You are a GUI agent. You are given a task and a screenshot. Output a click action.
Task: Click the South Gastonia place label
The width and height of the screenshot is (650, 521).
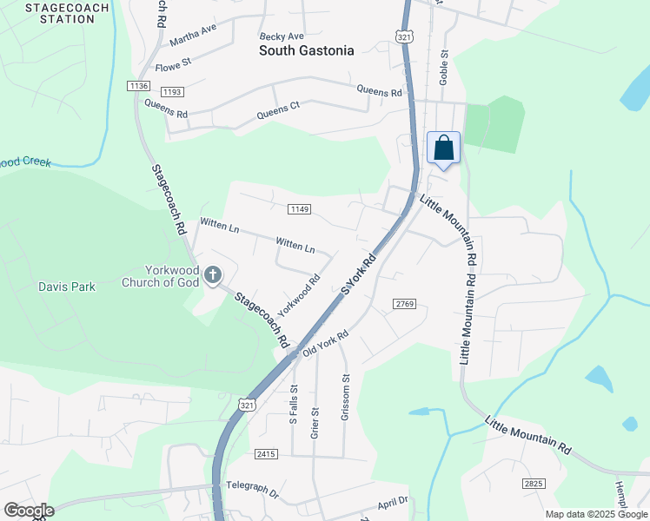(x=307, y=50)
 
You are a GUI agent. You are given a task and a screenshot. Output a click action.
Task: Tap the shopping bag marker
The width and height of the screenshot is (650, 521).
(x=443, y=148)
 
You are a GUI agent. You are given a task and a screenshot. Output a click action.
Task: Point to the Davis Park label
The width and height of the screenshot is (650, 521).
(x=66, y=286)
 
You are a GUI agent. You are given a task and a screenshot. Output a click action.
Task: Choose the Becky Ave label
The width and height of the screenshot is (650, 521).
(x=282, y=36)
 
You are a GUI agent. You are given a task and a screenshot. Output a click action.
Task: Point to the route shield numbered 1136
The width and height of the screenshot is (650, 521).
(x=138, y=85)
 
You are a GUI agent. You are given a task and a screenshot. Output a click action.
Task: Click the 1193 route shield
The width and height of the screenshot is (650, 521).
(x=171, y=91)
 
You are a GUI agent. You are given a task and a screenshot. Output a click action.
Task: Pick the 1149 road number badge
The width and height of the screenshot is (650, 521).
(x=300, y=208)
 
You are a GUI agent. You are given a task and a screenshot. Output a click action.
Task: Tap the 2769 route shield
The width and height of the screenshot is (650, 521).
(x=405, y=303)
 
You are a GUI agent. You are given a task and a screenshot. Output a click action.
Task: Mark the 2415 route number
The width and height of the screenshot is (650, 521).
(x=266, y=454)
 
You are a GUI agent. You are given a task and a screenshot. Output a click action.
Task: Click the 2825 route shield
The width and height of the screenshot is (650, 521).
(x=534, y=482)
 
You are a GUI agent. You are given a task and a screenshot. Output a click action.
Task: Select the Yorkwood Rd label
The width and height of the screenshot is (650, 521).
(x=299, y=295)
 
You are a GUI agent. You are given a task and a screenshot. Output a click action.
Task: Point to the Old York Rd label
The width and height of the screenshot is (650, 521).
(x=324, y=343)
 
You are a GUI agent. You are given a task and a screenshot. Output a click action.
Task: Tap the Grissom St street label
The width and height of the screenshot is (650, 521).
(x=345, y=397)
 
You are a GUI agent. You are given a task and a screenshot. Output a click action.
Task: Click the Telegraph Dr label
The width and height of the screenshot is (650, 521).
(x=251, y=490)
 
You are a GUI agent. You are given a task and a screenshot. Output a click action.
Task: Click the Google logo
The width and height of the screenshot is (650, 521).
(x=29, y=511)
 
